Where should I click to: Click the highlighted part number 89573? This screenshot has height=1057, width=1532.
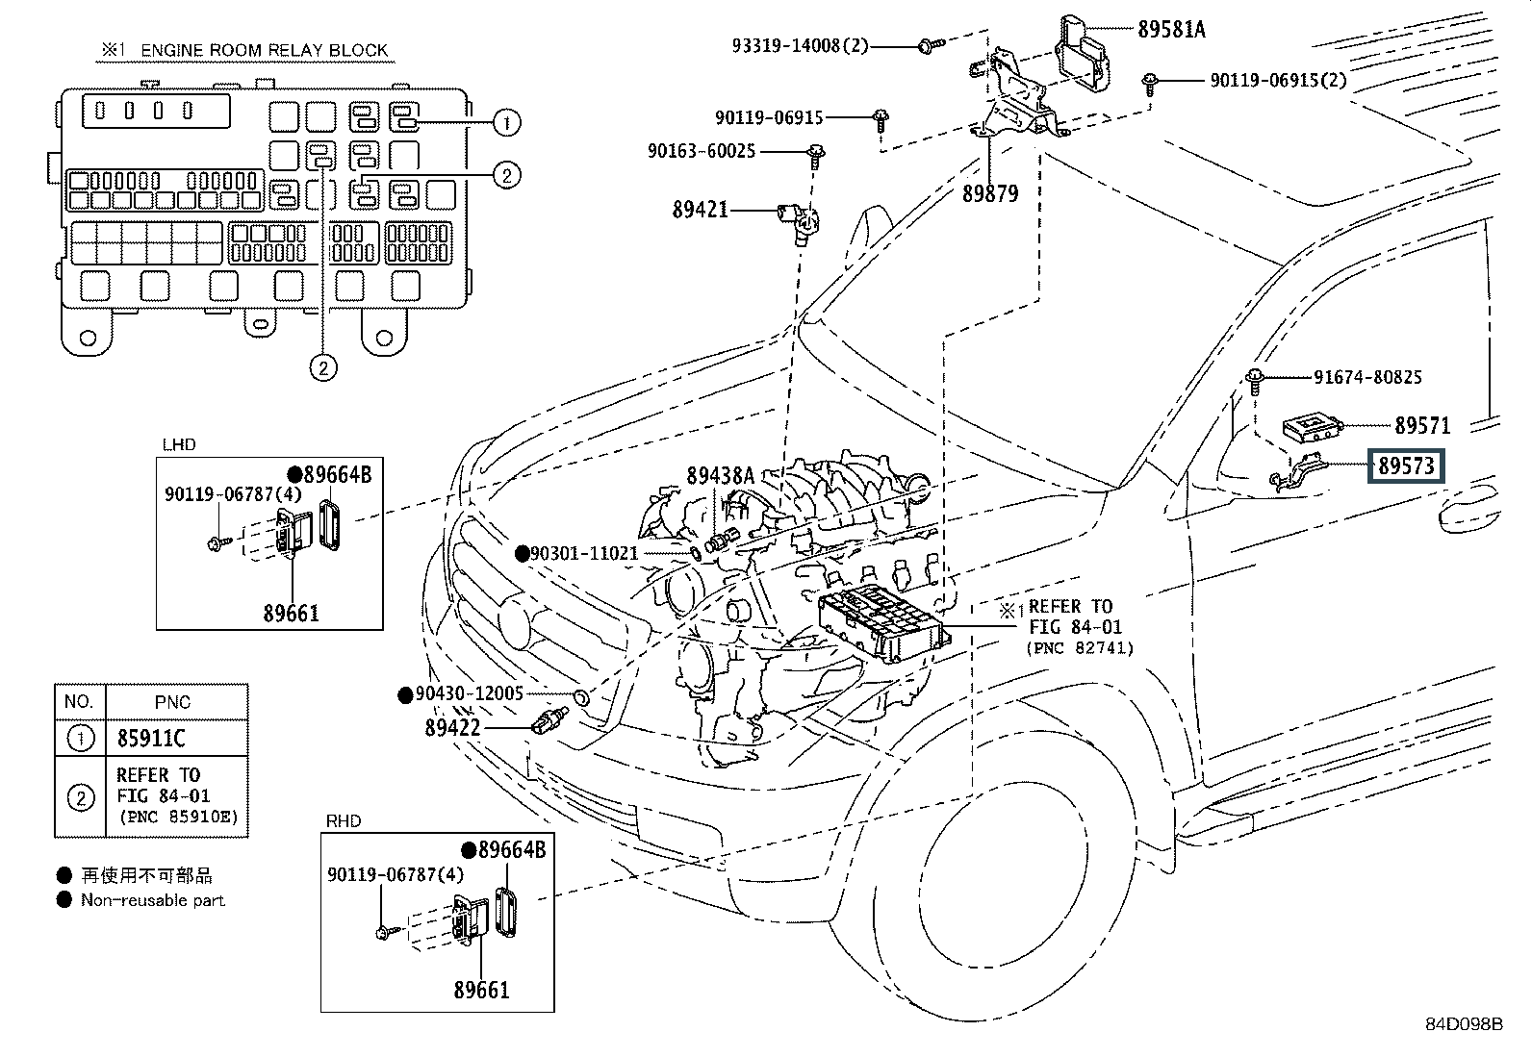click(1406, 466)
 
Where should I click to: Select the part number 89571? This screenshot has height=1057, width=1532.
click(1422, 425)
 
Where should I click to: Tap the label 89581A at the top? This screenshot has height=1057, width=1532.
click(1171, 30)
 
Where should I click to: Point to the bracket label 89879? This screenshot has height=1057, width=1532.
click(989, 193)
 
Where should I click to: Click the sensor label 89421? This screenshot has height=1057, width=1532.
click(700, 210)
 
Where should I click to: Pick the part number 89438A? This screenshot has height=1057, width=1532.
click(720, 475)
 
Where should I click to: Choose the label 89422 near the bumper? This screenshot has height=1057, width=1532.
click(452, 728)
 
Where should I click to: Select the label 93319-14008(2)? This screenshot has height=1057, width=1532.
click(799, 44)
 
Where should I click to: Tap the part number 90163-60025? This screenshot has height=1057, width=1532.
click(702, 151)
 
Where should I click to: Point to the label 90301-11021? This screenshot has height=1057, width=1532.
click(584, 553)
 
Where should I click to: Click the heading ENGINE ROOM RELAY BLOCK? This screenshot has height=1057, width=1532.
click(265, 50)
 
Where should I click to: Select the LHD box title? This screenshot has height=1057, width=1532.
click(179, 444)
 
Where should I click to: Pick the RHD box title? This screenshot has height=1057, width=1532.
click(344, 820)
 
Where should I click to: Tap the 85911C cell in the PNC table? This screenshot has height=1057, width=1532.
click(152, 738)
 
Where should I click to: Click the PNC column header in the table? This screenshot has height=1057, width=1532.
click(172, 702)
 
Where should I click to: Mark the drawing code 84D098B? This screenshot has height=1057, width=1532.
click(1464, 1023)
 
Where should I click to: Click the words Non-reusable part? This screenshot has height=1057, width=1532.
click(153, 900)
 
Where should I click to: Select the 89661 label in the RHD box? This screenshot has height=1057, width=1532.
click(481, 990)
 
